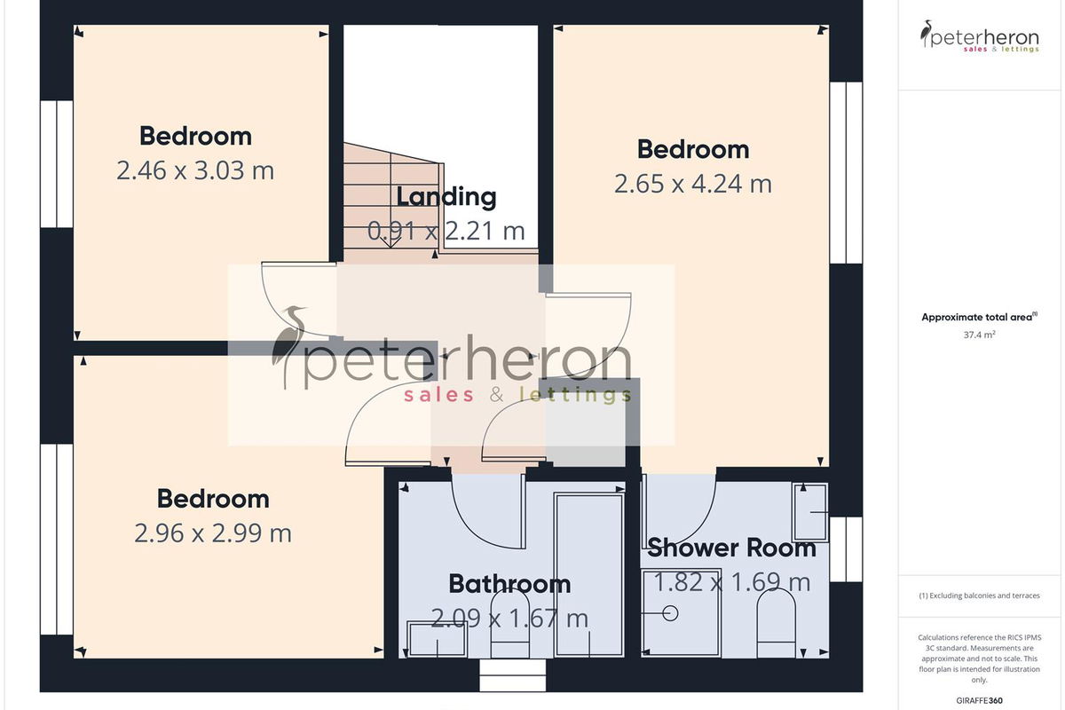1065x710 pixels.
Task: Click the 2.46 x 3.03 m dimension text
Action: point(195,170)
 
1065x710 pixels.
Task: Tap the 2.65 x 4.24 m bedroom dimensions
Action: point(693,184)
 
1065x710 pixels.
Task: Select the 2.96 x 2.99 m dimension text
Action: point(213,533)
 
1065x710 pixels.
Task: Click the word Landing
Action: point(446,197)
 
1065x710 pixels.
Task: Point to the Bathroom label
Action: point(509,583)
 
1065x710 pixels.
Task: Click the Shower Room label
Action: point(731,548)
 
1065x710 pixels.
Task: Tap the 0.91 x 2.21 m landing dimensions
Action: point(446,231)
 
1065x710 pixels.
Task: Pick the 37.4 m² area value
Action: point(980,335)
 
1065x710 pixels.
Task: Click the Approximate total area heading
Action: point(980,317)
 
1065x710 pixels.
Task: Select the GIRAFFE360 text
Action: point(980,700)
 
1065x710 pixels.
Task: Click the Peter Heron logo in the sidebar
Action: point(980,36)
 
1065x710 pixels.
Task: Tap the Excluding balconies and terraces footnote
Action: point(980,596)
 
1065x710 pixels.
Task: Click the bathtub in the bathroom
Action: point(589,575)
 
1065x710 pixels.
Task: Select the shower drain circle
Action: point(670,613)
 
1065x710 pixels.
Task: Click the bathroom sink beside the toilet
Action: point(438,639)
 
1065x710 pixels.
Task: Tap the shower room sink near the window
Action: point(810,512)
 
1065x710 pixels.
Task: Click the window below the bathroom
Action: point(513,675)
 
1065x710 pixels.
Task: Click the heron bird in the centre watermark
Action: point(290,343)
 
